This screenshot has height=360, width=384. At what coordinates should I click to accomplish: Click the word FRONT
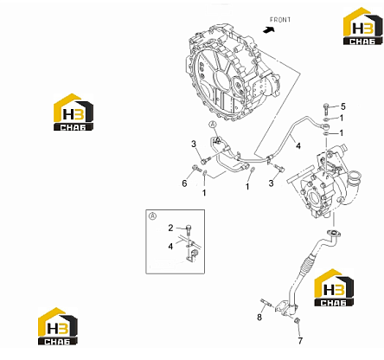[x=280, y=20]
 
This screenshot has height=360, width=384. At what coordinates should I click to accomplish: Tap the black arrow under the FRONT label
[x=268, y=29]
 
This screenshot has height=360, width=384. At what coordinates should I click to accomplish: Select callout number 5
[x=342, y=106]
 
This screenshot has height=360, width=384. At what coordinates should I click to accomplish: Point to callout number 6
[x=184, y=183]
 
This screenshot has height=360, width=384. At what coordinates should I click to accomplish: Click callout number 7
[x=300, y=341]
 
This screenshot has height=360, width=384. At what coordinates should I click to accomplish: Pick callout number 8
[x=259, y=317]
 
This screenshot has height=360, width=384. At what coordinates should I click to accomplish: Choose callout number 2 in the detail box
[x=170, y=228]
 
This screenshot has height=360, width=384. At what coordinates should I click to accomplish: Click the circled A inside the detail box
[x=152, y=215]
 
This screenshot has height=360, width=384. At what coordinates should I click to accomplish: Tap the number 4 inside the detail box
[x=170, y=247]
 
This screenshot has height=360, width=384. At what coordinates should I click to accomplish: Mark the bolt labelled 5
[x=326, y=109]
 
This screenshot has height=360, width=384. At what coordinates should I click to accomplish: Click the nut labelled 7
[x=297, y=320]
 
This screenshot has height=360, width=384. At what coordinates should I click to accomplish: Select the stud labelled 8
[x=266, y=303]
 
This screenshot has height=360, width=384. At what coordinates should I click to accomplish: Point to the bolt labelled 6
[x=196, y=168]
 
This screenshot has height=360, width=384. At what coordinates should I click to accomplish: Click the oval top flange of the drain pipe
[x=333, y=233]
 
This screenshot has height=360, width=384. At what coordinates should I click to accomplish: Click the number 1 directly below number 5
[x=342, y=118]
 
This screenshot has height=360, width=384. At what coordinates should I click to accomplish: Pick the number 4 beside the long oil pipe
[x=298, y=146]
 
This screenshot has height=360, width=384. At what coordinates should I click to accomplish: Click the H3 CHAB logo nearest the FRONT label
[x=362, y=26]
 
